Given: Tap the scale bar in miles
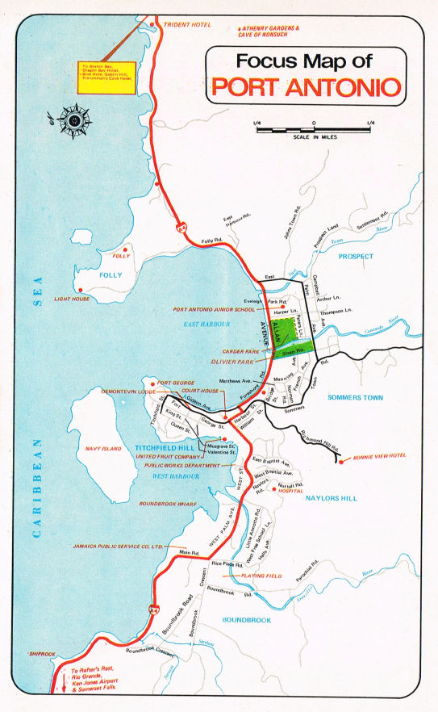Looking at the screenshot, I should tap(313, 128).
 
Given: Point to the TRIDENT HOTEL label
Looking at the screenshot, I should tap(187, 25).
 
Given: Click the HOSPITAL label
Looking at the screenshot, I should tap(290, 491).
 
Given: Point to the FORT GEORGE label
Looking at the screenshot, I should tap(177, 383).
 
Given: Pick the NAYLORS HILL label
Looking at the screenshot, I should tap(331, 498).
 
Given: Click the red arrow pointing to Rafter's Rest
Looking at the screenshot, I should tap(63, 681).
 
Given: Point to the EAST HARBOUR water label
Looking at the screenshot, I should tap(206, 323).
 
